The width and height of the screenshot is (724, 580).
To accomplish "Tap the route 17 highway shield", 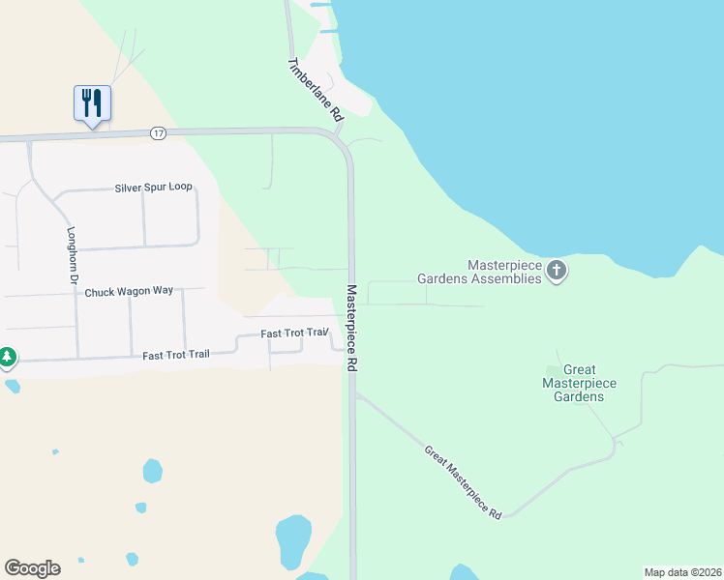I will tap(158, 132).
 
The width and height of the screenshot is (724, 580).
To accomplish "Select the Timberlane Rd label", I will tap(316, 89).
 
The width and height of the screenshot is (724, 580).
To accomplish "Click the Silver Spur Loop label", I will tap(154, 188).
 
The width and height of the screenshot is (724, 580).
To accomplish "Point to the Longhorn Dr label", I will tap(71, 255).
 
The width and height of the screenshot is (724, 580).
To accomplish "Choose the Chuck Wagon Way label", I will tap(129, 291).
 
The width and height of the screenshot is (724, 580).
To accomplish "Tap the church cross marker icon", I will tap(556, 270).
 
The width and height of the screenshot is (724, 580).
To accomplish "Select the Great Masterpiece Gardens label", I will tap(579, 383).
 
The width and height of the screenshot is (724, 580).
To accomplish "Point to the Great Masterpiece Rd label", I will tap(463, 482).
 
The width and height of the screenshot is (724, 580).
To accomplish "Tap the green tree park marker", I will tap(8, 358).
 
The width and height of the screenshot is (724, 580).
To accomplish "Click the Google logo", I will tap(32, 567).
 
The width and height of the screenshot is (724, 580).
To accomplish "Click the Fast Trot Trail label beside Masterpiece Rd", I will tap(296, 333).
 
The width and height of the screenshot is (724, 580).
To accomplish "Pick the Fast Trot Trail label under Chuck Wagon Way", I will tap(175, 355).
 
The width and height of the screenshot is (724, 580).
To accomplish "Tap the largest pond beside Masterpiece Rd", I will tap(293, 541).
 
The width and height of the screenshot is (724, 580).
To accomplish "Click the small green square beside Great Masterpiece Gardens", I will tap(552, 370).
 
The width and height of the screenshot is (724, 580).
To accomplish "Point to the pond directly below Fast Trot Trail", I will tap(152, 471).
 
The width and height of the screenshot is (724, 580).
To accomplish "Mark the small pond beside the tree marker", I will tap(12, 387).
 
